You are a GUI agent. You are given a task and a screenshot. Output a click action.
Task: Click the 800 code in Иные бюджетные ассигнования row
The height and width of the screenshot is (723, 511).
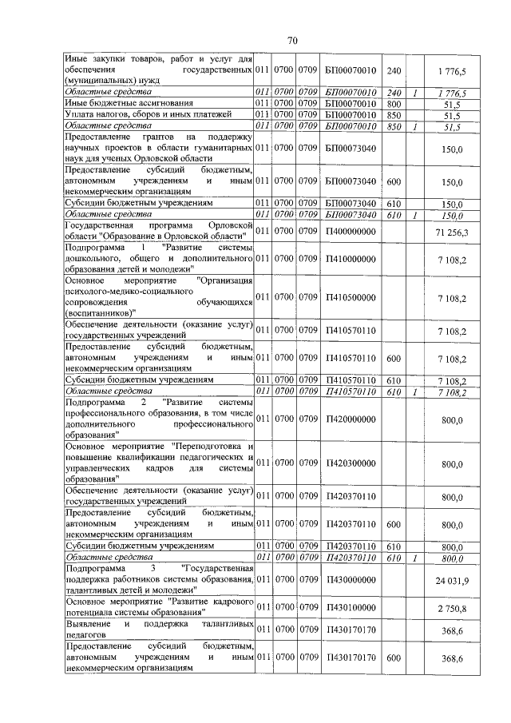(x=393, y=104)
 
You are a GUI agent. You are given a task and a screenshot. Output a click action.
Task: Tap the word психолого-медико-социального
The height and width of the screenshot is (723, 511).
(x=112, y=292)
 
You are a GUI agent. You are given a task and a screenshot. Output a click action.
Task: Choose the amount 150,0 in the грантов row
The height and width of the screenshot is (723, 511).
(x=453, y=149)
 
